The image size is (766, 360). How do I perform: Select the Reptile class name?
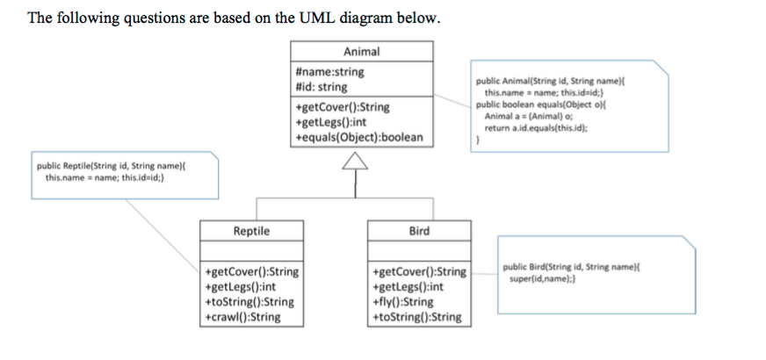tap(251, 231)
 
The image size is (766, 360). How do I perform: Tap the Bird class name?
tap(419, 231)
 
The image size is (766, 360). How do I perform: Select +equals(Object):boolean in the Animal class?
tap(359, 137)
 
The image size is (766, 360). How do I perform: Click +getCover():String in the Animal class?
tap(343, 107)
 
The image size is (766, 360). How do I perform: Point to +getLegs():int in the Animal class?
tap(329, 122)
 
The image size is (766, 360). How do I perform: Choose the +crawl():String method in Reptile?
tap(242, 317)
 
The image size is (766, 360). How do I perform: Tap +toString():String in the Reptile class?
tap(249, 302)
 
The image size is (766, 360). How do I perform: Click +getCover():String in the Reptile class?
tap(250, 271)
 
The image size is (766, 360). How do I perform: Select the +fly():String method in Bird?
tap(403, 302)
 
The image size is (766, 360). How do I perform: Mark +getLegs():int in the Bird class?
tap(408, 287)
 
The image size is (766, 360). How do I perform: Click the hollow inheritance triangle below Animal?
tap(356, 161)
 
